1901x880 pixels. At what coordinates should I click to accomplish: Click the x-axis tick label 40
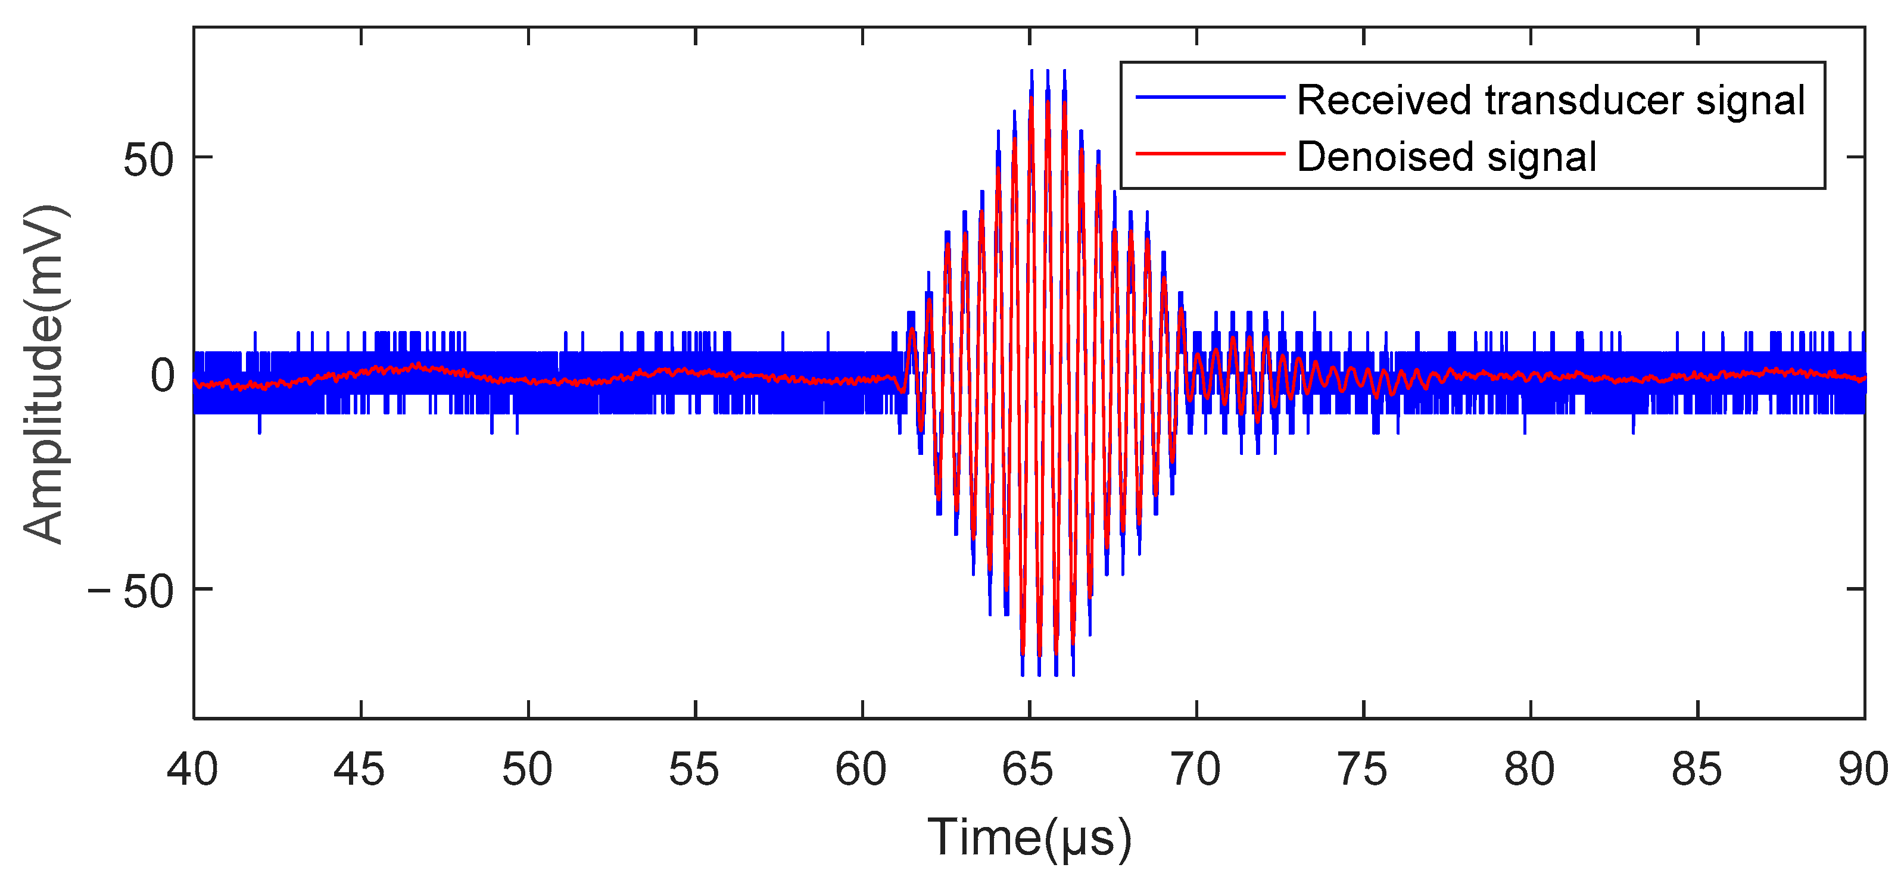click(x=192, y=770)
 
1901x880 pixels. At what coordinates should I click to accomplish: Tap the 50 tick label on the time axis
click(x=527, y=770)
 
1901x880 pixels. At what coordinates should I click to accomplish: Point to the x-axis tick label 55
click(x=694, y=770)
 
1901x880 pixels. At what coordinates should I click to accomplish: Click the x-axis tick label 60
click(x=861, y=770)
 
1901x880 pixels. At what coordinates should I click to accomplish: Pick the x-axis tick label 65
click(x=1028, y=770)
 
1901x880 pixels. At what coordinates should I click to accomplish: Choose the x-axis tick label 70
click(x=1195, y=770)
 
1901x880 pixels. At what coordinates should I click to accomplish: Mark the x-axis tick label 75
click(x=1362, y=770)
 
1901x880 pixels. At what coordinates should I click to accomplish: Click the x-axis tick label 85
click(x=1697, y=770)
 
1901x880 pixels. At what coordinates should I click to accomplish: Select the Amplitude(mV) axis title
click(x=44, y=375)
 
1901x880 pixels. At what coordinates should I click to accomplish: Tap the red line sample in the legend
click(x=1210, y=154)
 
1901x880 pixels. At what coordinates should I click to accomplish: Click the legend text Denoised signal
click(x=1447, y=157)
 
